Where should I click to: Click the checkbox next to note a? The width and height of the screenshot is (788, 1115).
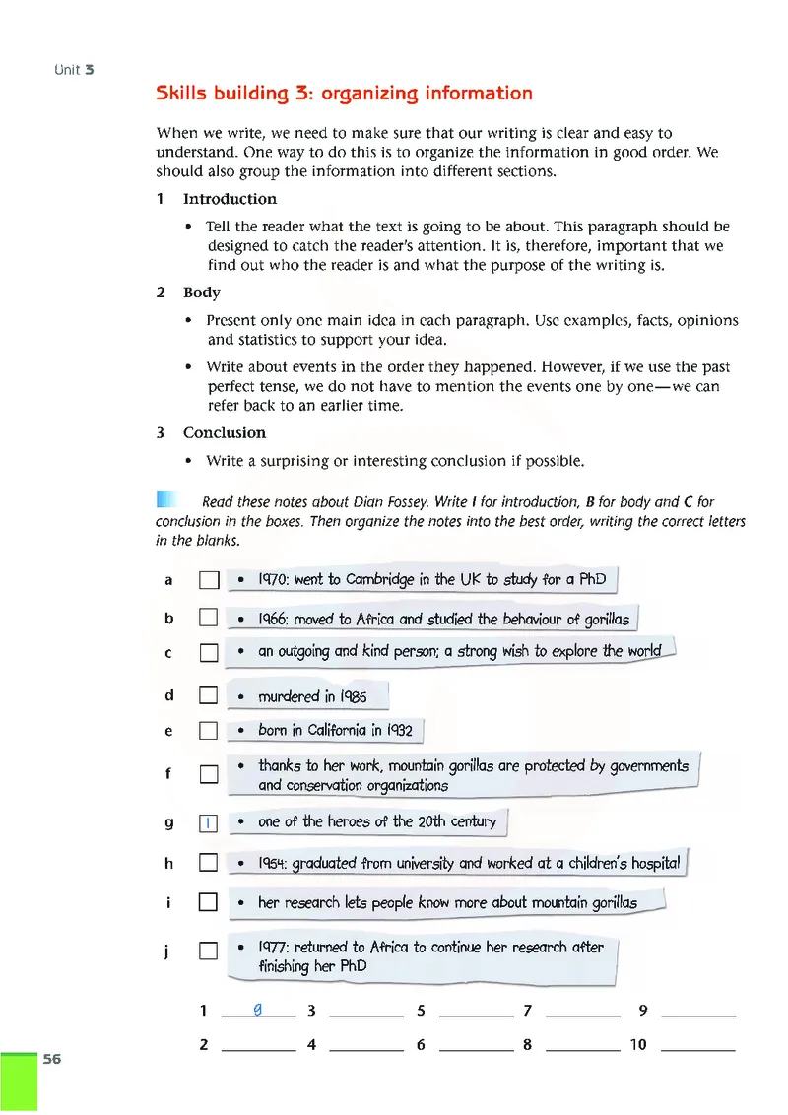[x=207, y=581]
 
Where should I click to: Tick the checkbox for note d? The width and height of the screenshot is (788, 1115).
[x=207, y=696]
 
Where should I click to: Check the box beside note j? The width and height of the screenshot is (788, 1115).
[x=207, y=951]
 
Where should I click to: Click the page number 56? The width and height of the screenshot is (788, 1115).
[x=51, y=1059]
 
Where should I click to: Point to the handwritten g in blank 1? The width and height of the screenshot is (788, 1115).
[x=257, y=1009]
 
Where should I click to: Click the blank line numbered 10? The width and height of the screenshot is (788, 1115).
[x=698, y=1045]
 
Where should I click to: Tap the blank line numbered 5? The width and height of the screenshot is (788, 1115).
[x=476, y=1011]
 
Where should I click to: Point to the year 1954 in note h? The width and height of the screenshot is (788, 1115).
[x=273, y=864]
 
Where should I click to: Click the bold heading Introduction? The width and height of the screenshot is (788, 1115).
[x=230, y=199]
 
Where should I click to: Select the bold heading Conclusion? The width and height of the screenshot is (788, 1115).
[x=225, y=433]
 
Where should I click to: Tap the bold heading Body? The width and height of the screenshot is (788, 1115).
[x=202, y=293]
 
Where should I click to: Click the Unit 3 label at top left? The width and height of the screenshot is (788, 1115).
[x=75, y=70]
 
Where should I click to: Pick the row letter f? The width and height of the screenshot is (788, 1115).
[x=168, y=774]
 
